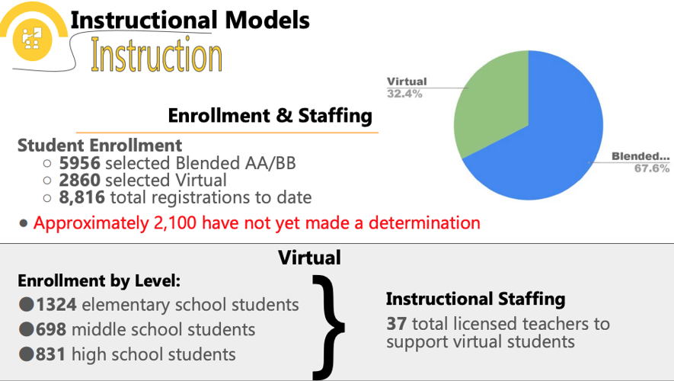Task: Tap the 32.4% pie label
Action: click(x=404, y=94)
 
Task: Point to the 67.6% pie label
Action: click(x=651, y=168)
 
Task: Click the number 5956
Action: click(x=79, y=162)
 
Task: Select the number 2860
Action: click(x=79, y=181)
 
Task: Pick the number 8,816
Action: click(x=82, y=198)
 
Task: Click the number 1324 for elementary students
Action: click(x=56, y=305)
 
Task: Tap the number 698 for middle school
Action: click(x=51, y=329)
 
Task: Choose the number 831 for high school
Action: click(x=51, y=354)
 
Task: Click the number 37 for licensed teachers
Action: click(x=396, y=324)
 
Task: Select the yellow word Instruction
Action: click(x=156, y=56)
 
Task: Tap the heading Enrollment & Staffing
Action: click(x=270, y=116)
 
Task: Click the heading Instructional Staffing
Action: click(x=475, y=299)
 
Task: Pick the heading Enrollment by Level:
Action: click(x=99, y=280)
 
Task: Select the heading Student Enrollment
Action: click(x=100, y=145)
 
